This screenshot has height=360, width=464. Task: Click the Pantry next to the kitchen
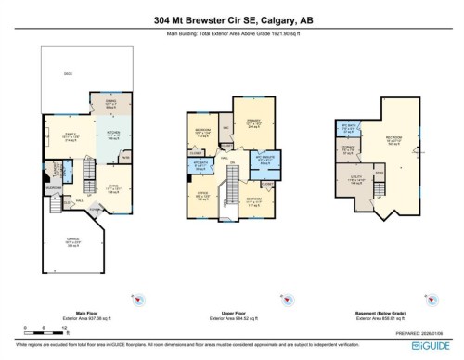[x=127, y=157]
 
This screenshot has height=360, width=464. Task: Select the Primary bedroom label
[x=252, y=124]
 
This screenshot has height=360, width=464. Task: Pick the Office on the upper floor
[x=202, y=197]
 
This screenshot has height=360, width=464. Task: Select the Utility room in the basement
[x=356, y=181]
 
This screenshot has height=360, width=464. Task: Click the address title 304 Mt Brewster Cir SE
[x=231, y=17]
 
